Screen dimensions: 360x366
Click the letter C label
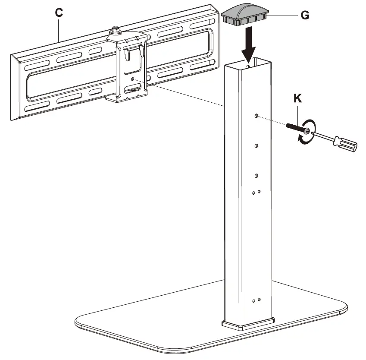(59, 13)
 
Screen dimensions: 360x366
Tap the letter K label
(297, 98)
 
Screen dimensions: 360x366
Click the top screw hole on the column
(256, 116)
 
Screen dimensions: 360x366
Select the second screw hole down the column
(256, 145)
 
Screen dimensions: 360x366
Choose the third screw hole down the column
(256, 176)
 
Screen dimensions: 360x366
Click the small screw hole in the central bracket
(133, 79)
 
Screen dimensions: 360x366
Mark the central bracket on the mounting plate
(128, 69)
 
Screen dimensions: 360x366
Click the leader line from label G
(285, 16)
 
